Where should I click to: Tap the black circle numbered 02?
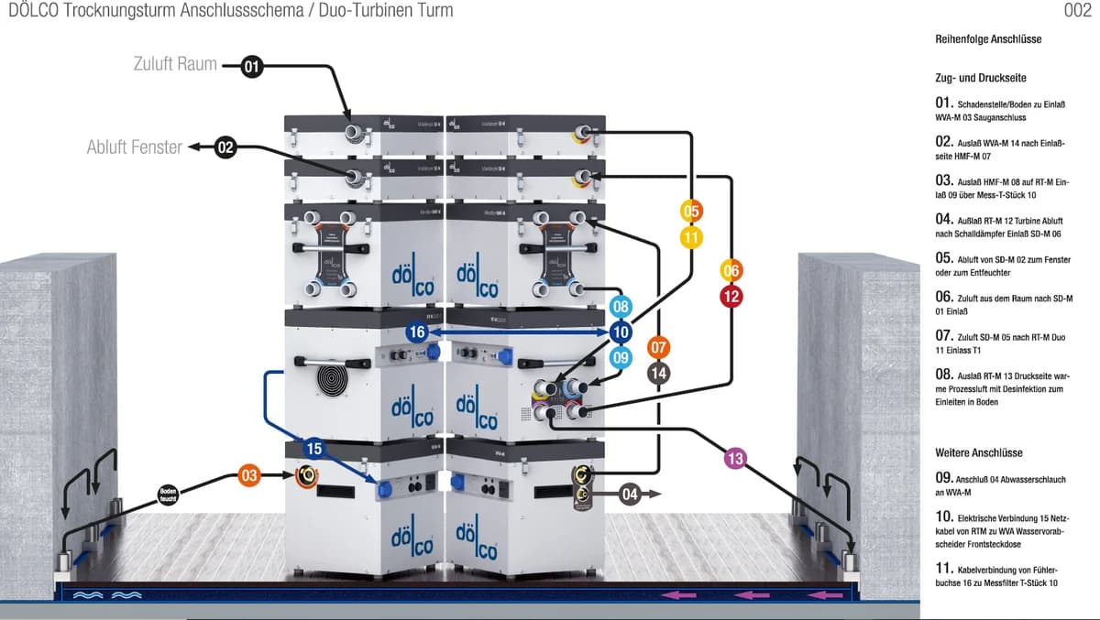226,147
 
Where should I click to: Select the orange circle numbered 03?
249,475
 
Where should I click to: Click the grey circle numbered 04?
629,495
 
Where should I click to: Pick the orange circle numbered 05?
692,212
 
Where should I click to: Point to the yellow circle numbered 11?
692,237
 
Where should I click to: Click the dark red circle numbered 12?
731,297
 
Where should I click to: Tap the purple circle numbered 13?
735,457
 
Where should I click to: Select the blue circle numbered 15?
314,449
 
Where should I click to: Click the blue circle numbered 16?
418,332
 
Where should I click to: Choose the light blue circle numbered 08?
621,307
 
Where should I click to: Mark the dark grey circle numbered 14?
658,373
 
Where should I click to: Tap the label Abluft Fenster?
134,147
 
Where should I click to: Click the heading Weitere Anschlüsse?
978,452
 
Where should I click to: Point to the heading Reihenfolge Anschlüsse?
988,39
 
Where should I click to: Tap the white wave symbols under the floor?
108,594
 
